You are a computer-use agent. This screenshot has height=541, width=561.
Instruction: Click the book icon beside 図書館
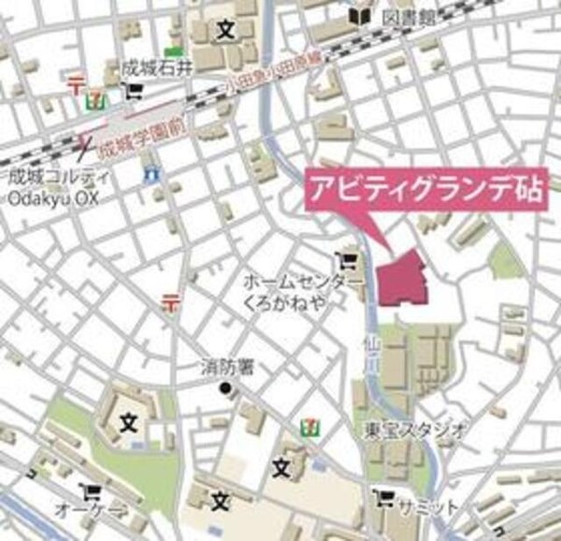tap(359, 16)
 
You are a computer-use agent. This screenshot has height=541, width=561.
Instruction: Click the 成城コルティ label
tap(49, 176)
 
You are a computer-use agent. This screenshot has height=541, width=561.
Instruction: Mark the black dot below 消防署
tap(224, 388)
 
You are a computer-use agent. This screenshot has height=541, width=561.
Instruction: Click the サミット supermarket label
tap(427, 505)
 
